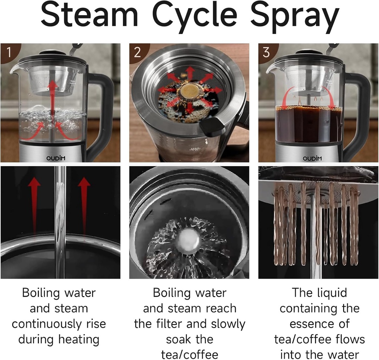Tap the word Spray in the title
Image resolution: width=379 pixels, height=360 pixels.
[x=295, y=18]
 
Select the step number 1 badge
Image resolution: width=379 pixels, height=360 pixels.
[x=10, y=52]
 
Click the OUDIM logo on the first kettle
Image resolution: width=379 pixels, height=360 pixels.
[x=56, y=158]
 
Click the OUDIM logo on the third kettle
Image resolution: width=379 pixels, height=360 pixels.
[x=312, y=158]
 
